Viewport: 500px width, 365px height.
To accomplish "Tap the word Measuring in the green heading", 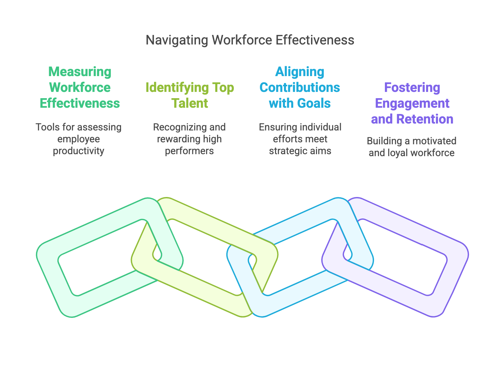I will coord(80,72).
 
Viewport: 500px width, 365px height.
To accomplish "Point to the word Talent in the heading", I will coord(190,103).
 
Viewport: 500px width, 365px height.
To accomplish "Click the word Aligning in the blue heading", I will coord(300,72).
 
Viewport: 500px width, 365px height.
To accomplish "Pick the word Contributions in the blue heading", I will coord(300,88).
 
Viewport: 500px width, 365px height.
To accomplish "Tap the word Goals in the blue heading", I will coord(314,103).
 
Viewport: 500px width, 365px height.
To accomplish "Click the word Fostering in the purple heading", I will coord(412,88).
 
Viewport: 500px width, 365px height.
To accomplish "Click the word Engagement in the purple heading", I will coord(412,103).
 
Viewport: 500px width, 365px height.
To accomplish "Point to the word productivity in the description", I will coord(78,151).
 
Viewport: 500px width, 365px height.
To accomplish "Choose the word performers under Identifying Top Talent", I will coord(189,151).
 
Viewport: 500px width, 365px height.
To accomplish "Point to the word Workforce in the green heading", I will coord(80,88).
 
